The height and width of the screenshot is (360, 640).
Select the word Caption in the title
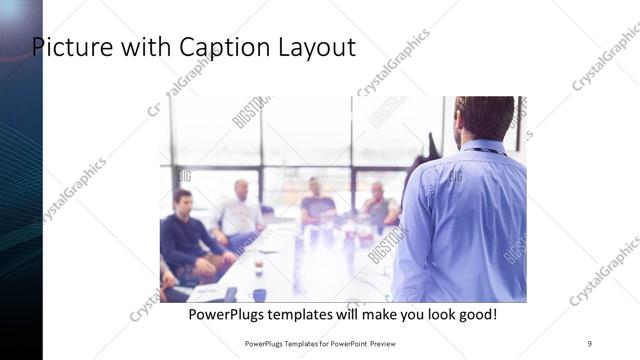(x=214, y=47)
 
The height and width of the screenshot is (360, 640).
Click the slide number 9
(x=589, y=343)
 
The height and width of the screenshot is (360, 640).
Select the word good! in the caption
(x=474, y=315)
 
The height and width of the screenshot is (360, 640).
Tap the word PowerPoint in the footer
(x=340, y=343)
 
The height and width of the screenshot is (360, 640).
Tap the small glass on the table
(x=258, y=266)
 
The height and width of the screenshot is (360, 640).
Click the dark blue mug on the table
(x=260, y=294)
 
